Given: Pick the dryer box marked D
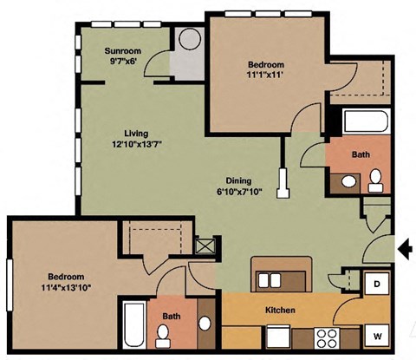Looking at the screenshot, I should click(378, 284).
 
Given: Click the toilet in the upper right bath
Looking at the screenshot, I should click(375, 180).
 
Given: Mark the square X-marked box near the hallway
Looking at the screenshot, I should click(205, 246).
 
